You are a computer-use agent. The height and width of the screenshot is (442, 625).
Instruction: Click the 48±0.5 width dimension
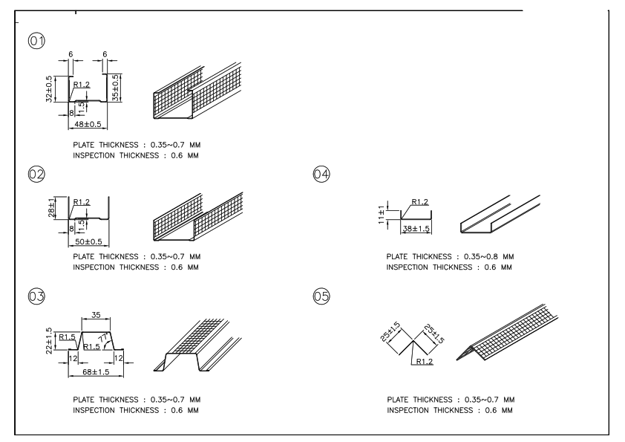click(88, 124)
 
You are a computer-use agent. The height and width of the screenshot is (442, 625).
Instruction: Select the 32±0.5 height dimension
click(50, 88)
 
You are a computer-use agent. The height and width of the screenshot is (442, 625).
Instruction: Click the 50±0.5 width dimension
click(89, 242)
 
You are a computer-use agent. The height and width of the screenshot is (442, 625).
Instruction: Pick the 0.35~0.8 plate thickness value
click(482, 256)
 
